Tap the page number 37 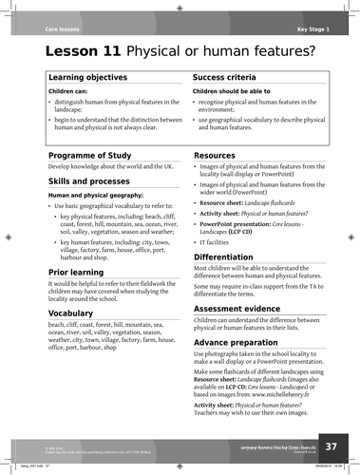point(330,446)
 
